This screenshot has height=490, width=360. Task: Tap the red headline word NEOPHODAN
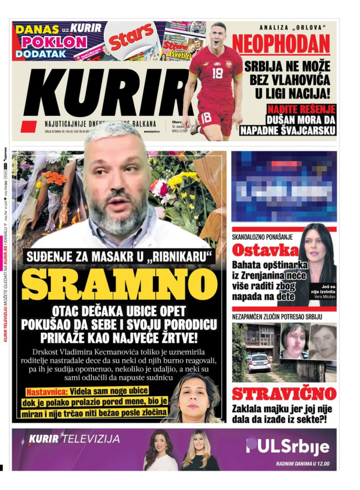pos(282,44)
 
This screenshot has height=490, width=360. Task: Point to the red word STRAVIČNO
pos(284,394)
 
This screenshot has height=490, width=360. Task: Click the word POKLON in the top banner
pos(54,42)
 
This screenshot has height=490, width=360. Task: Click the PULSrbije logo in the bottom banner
pos(288,446)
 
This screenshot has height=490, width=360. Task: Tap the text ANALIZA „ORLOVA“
pos(292,28)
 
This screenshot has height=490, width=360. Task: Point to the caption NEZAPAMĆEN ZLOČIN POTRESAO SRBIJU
pos(277,317)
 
